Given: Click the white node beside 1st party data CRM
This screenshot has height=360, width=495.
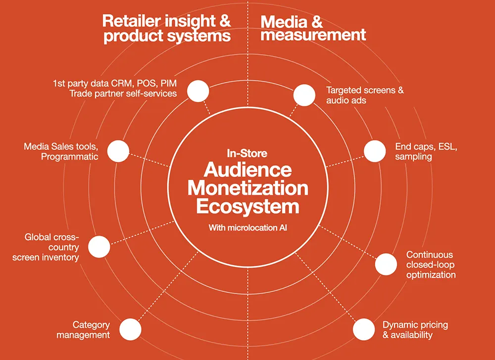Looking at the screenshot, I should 198,90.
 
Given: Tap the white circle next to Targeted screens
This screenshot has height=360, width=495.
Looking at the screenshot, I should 304,94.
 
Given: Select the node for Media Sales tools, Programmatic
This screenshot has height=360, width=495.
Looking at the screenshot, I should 118,151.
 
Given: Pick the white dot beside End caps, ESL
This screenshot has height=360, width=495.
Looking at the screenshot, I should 375,151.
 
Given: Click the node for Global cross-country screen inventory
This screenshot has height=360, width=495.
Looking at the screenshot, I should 99,246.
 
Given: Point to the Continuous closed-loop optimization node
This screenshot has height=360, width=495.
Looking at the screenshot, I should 386,264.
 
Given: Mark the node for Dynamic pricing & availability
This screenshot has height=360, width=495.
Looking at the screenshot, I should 363,329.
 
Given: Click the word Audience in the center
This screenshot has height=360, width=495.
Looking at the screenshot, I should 248,170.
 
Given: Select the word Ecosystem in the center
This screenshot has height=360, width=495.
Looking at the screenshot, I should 248,206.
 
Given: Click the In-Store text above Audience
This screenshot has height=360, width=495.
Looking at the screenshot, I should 247,153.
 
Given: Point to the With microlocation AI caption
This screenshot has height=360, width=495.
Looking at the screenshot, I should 247,228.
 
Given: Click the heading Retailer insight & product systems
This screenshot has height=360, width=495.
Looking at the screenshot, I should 167,29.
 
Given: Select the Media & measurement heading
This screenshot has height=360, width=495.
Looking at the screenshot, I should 313,29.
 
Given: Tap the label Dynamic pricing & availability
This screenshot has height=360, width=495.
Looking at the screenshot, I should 415,330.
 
